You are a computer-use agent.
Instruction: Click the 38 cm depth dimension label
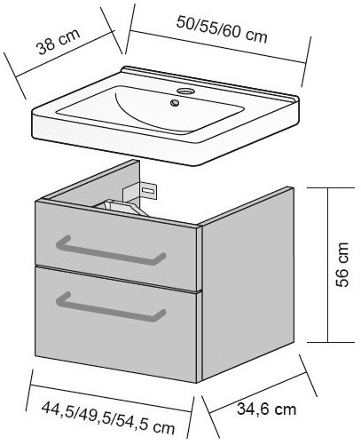coord(59,41)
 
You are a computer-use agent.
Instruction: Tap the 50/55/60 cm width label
coord(222,29)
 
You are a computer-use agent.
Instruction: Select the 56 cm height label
coord(342,265)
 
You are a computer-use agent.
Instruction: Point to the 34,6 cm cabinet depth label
coord(266,409)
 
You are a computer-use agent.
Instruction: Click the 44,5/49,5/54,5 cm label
coord(108,417)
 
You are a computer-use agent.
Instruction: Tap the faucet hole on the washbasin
coord(184,91)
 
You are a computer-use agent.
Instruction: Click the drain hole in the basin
coord(175,103)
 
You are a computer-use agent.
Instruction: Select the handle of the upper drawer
coord(111,250)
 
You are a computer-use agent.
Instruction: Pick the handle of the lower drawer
coord(111,307)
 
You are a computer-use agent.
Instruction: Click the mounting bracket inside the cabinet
coord(140,191)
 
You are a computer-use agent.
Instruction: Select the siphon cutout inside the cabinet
coord(124,206)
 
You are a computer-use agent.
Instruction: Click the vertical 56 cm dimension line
coord(327,265)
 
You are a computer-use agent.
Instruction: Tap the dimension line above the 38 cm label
coord(66,54)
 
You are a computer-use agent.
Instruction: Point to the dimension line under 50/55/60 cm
coord(217,46)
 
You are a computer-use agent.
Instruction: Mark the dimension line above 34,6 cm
coord(256,393)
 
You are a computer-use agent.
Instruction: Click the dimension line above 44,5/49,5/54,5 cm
coord(111,398)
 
